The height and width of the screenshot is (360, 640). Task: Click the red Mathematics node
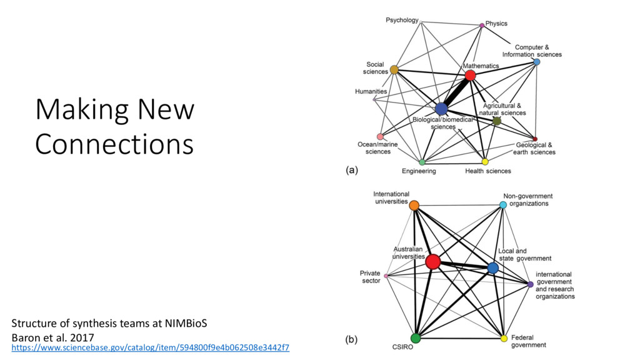click(x=470, y=75)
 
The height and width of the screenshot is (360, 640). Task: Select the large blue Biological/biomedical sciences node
click(x=441, y=109)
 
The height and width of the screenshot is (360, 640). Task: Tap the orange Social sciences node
click(x=394, y=69)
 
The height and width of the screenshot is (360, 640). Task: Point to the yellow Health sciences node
click(x=485, y=162)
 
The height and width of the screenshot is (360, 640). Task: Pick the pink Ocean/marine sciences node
click(x=380, y=136)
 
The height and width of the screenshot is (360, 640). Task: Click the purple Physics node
click(x=482, y=25)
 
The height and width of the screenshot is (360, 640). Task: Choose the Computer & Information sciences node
click(x=537, y=62)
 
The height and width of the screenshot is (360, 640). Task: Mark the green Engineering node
click(x=422, y=162)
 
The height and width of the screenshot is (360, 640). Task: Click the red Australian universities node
click(x=433, y=262)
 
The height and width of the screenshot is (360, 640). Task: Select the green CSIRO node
click(x=416, y=338)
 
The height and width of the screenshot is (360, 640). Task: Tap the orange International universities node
click(x=414, y=204)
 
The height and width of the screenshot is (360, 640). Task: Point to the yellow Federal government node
click(x=504, y=338)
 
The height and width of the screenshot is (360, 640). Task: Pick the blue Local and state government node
click(x=492, y=267)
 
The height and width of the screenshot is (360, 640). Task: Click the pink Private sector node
click(x=386, y=276)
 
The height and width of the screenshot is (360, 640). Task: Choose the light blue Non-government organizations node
click(x=503, y=204)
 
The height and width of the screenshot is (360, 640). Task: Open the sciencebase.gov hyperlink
click(x=151, y=346)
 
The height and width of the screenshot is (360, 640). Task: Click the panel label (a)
click(x=352, y=169)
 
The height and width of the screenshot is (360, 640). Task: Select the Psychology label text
click(x=402, y=20)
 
